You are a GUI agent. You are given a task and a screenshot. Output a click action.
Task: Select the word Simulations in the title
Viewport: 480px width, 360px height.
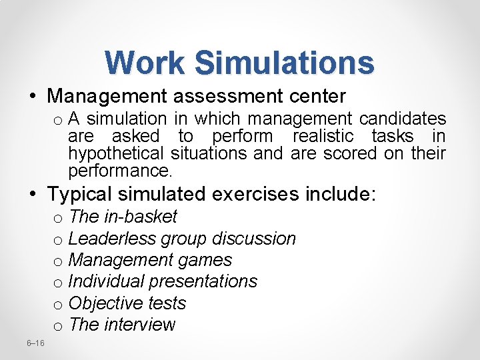click(x=285, y=63)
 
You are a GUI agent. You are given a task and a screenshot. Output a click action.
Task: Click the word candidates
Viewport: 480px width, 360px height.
click(x=403, y=119)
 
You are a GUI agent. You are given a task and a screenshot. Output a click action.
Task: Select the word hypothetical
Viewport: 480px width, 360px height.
click(x=117, y=153)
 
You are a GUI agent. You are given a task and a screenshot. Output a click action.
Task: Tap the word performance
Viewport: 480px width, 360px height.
click(x=120, y=171)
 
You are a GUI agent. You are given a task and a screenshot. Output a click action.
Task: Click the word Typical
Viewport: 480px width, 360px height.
click(x=81, y=195)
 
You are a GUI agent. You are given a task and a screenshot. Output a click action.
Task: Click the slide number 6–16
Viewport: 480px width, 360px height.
click(x=35, y=343)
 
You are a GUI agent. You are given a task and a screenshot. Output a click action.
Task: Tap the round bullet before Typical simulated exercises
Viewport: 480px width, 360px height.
click(x=33, y=195)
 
